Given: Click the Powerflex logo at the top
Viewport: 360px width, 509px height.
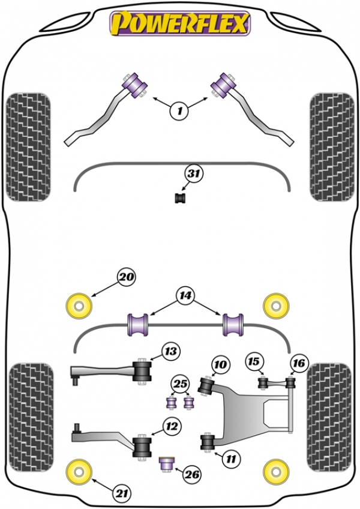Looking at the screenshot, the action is point(180,23).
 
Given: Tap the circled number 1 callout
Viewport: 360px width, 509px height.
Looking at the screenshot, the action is point(179,111).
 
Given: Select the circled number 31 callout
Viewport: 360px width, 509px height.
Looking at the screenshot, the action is point(194,173).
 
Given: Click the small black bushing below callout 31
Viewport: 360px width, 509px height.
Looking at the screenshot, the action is point(181,198).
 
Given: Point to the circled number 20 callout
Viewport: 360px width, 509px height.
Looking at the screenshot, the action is point(126,277).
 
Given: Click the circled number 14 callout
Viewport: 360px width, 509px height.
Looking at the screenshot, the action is point(185,295).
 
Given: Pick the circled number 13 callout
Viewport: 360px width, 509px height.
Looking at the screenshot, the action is point(171,351).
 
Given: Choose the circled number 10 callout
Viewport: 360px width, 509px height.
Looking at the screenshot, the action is point(220,364).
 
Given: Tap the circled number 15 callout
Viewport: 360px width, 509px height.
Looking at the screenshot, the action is point(254,361).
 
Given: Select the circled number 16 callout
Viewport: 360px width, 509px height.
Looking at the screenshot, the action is point(299,363).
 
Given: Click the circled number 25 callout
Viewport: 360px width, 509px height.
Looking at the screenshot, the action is point(181,384).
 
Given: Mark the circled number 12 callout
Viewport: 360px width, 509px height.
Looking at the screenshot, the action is point(172,426).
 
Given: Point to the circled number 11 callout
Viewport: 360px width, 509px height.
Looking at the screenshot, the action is point(231,459).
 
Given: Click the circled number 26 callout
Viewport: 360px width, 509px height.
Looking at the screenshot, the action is point(192,475).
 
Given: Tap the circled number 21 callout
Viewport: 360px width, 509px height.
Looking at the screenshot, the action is point(122,494).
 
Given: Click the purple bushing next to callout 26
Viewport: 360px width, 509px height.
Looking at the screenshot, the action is point(167,464).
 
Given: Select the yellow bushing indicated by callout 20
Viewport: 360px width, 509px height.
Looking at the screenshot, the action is point(79,306).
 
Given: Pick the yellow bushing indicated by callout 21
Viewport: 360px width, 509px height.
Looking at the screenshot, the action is point(79,472).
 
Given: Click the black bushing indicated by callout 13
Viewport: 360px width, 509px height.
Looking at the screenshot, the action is point(142,372).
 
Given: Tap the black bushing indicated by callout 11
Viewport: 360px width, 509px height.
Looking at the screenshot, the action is point(208,443).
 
